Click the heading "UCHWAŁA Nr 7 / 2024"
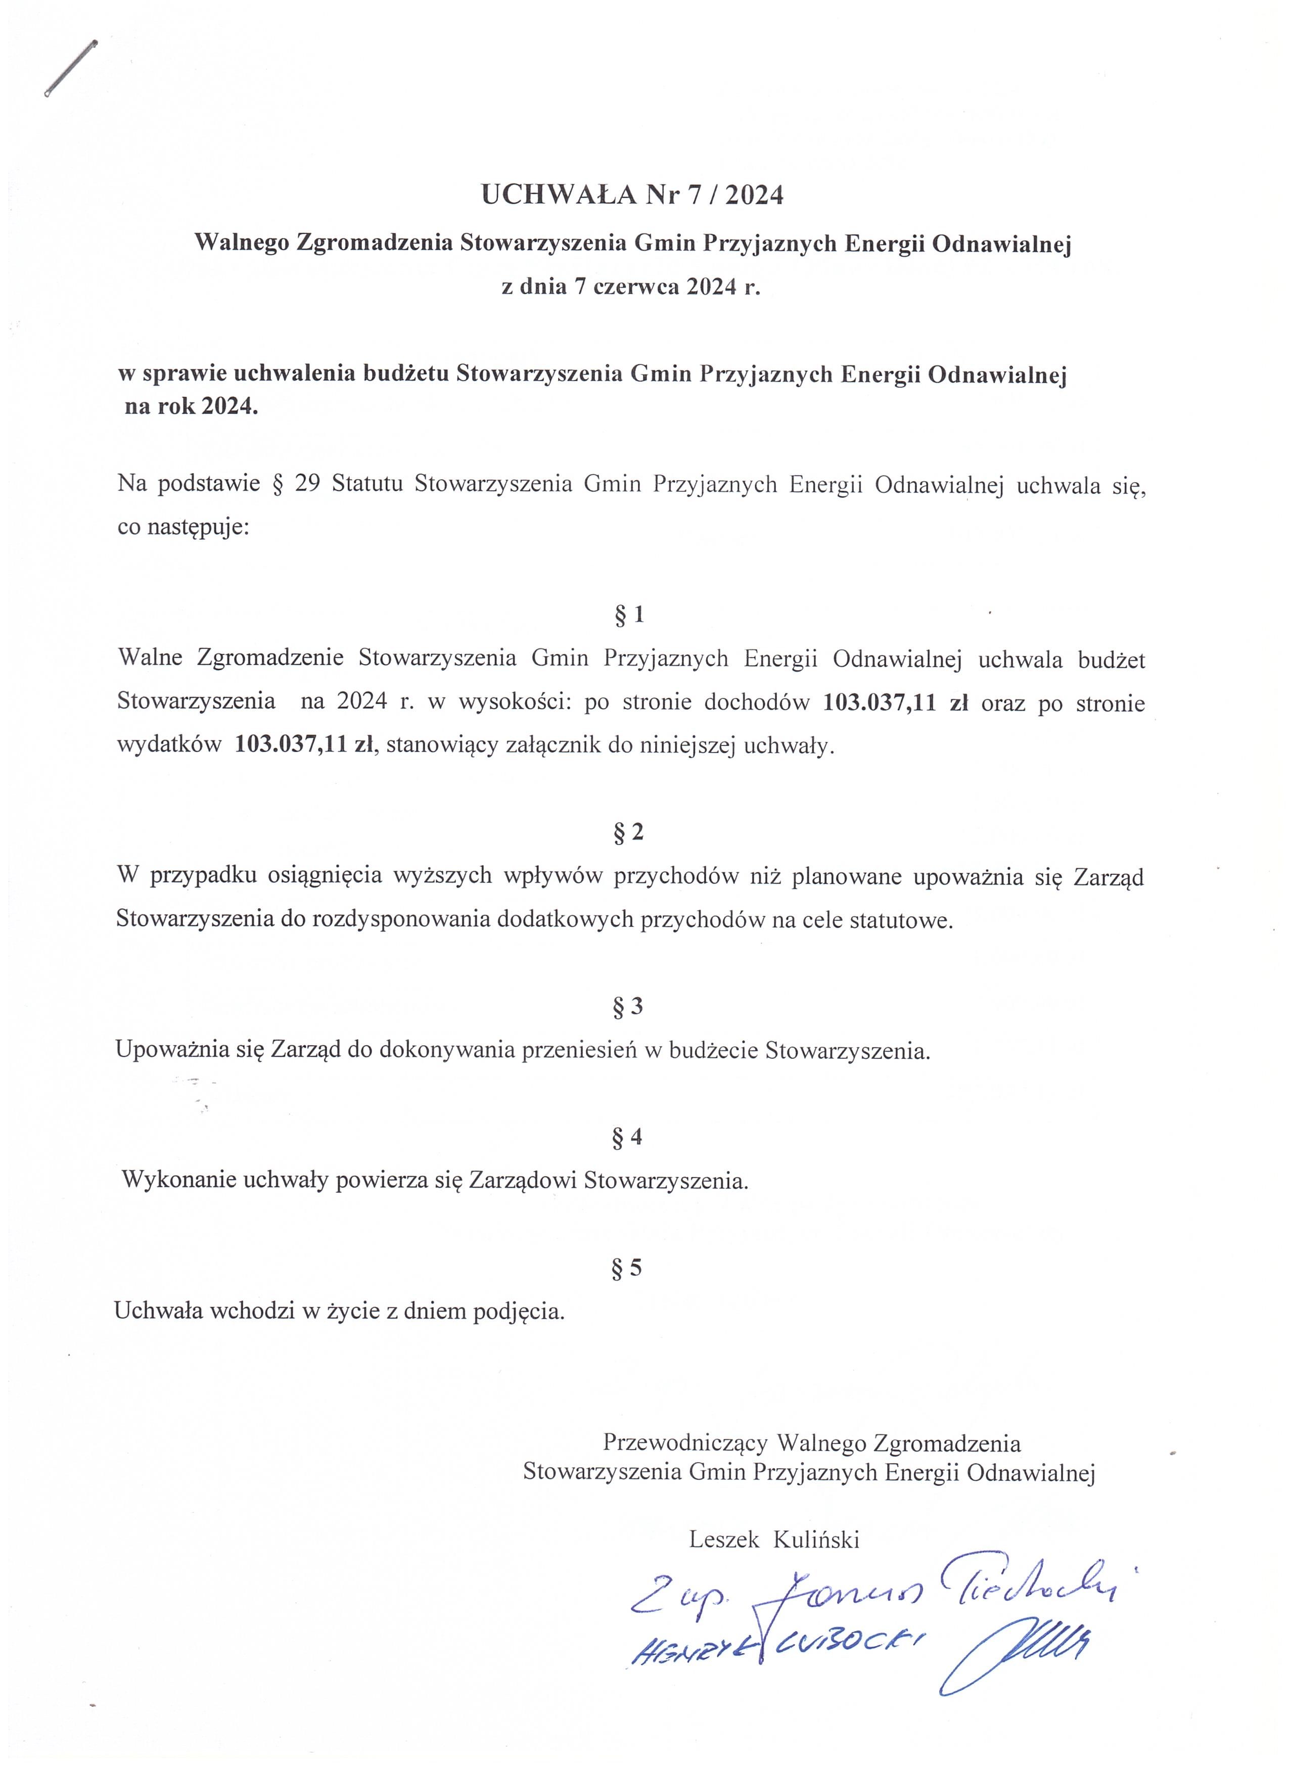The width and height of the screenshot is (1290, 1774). point(632,195)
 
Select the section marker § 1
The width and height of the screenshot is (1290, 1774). point(629,615)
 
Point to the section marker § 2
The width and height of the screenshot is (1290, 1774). point(628,832)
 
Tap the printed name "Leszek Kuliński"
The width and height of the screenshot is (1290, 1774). point(774,1539)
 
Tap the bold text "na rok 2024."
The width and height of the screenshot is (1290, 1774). point(191,407)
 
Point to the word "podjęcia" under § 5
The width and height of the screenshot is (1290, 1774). point(518,1311)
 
